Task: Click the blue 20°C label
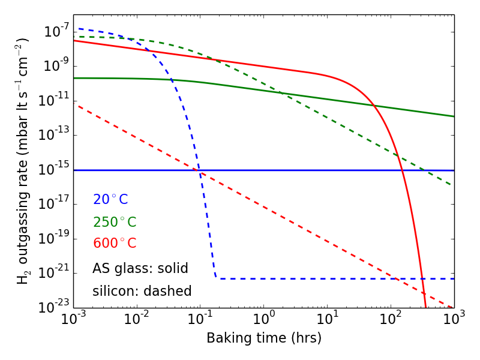click(110, 200)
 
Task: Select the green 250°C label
click(115, 222)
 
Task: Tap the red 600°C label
click(115, 244)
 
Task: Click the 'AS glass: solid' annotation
click(140, 268)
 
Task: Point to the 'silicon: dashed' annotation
click(142, 291)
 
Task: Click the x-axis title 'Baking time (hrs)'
click(264, 338)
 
